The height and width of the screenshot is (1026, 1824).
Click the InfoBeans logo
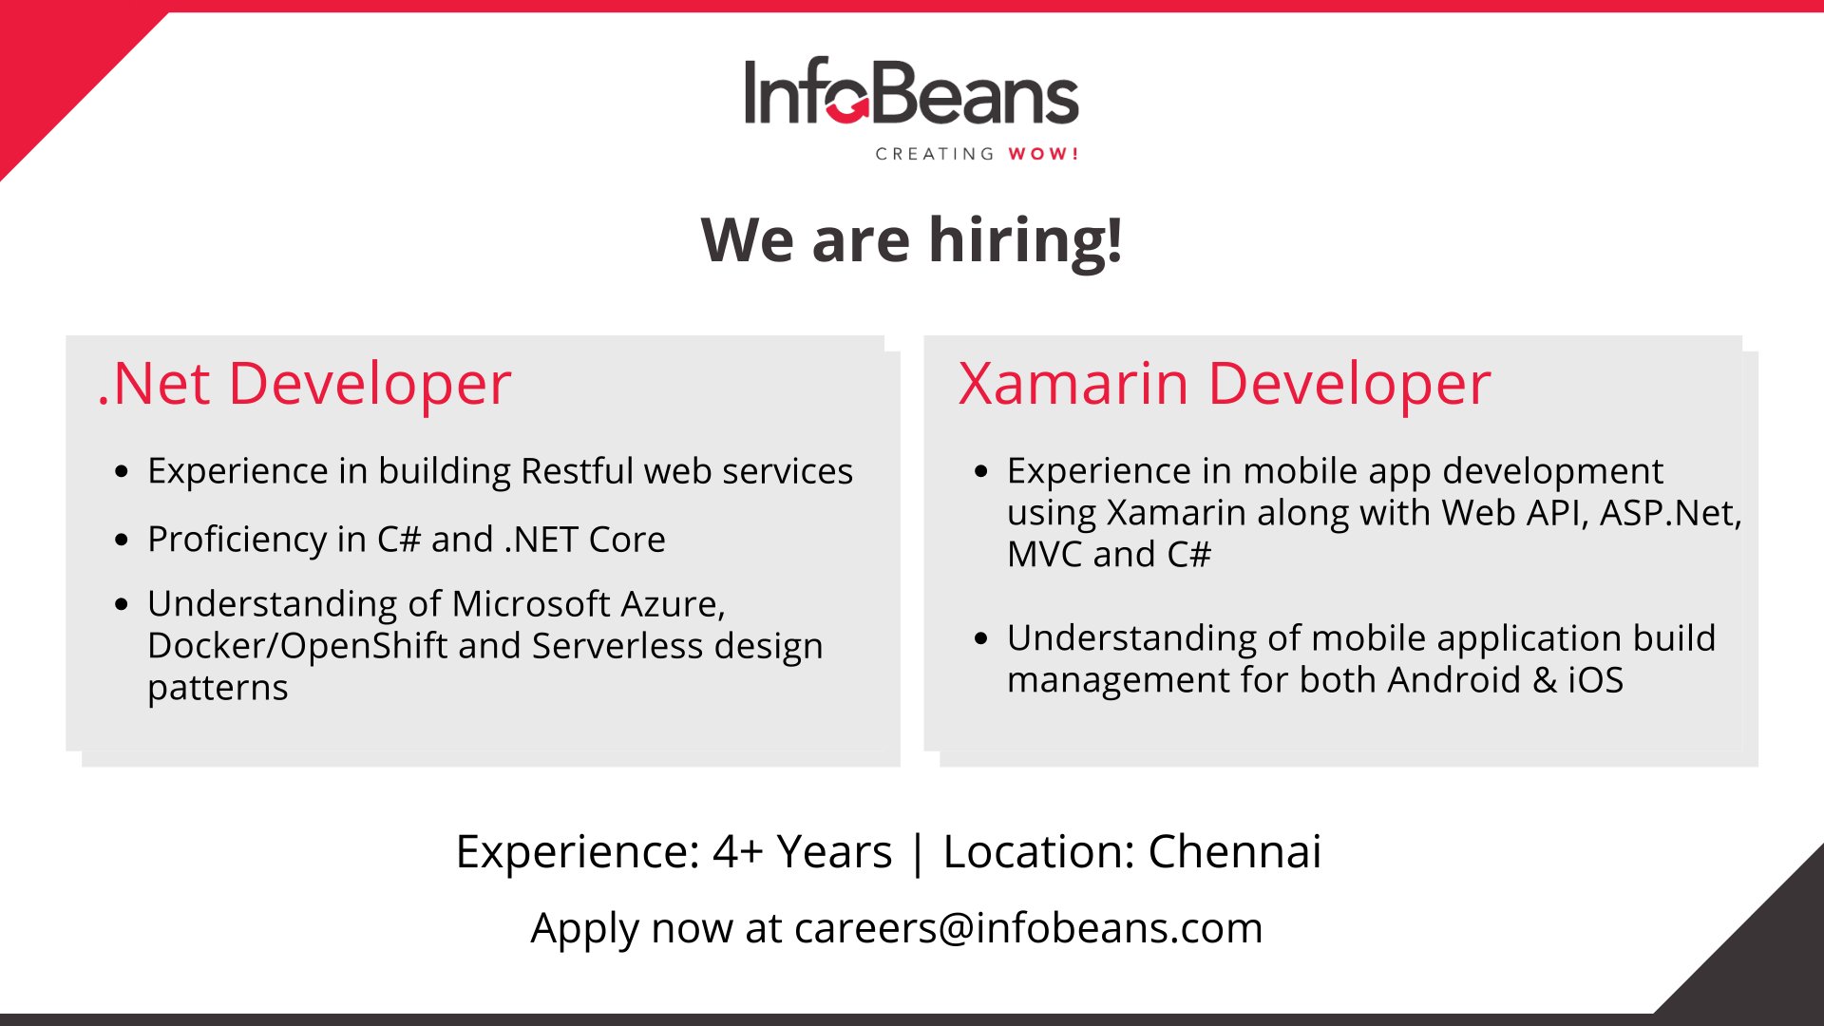click(x=911, y=108)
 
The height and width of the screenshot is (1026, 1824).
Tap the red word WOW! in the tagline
click(x=1043, y=154)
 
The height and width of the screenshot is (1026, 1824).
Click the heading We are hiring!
click(x=912, y=239)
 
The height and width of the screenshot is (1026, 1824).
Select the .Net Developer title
click(x=304, y=384)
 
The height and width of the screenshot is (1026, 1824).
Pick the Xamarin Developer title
click(x=1225, y=384)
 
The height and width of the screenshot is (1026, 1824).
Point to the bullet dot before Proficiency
click(x=121, y=540)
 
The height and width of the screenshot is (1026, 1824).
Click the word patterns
click(x=218, y=689)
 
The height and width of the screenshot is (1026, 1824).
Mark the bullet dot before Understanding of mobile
click(x=981, y=638)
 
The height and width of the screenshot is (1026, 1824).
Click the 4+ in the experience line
click(x=738, y=851)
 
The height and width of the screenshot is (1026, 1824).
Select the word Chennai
click(x=1235, y=851)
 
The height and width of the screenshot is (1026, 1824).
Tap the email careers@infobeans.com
click(x=1029, y=928)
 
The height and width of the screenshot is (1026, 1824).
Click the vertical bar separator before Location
click(x=917, y=853)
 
